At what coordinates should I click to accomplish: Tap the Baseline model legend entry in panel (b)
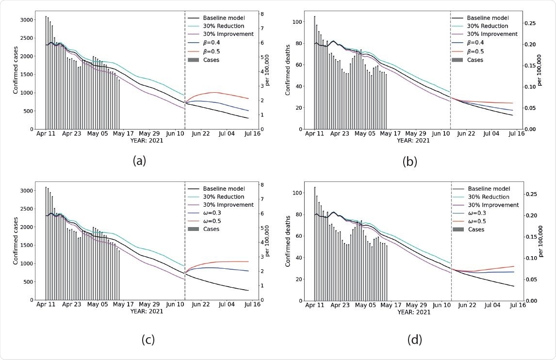(488, 17)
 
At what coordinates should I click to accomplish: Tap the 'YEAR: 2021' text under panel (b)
(413, 141)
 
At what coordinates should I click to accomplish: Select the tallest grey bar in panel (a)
(46, 73)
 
